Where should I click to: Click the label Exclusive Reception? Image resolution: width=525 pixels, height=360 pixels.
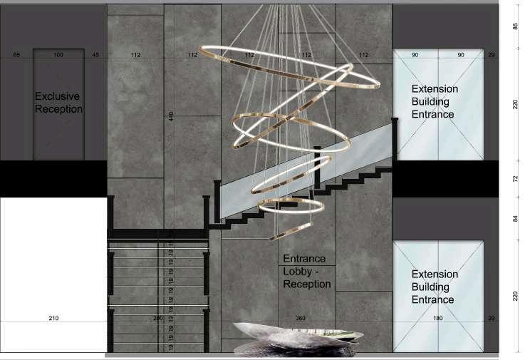click(58, 103)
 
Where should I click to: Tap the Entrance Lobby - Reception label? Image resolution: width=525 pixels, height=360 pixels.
click(307, 272)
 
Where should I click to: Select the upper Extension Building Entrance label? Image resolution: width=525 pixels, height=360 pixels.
click(435, 102)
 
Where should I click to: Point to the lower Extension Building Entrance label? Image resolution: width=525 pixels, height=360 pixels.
click(435, 287)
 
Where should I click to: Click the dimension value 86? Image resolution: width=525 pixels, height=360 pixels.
click(514, 26)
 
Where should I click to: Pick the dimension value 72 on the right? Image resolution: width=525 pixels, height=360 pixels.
click(514, 178)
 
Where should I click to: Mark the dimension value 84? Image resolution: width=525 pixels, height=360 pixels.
click(514, 218)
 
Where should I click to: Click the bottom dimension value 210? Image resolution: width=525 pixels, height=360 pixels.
click(53, 318)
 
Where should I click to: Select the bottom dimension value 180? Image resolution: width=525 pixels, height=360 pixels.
click(438, 318)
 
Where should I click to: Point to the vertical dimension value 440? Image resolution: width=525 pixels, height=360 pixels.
click(171, 116)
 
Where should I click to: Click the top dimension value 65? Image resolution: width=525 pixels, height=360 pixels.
click(16, 55)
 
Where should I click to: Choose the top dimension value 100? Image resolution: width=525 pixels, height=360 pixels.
click(58, 55)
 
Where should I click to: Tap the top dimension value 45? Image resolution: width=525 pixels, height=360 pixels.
click(95, 55)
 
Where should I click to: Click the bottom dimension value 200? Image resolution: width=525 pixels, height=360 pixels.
click(158, 318)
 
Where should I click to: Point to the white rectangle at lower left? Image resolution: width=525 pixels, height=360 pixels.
click(52, 274)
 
